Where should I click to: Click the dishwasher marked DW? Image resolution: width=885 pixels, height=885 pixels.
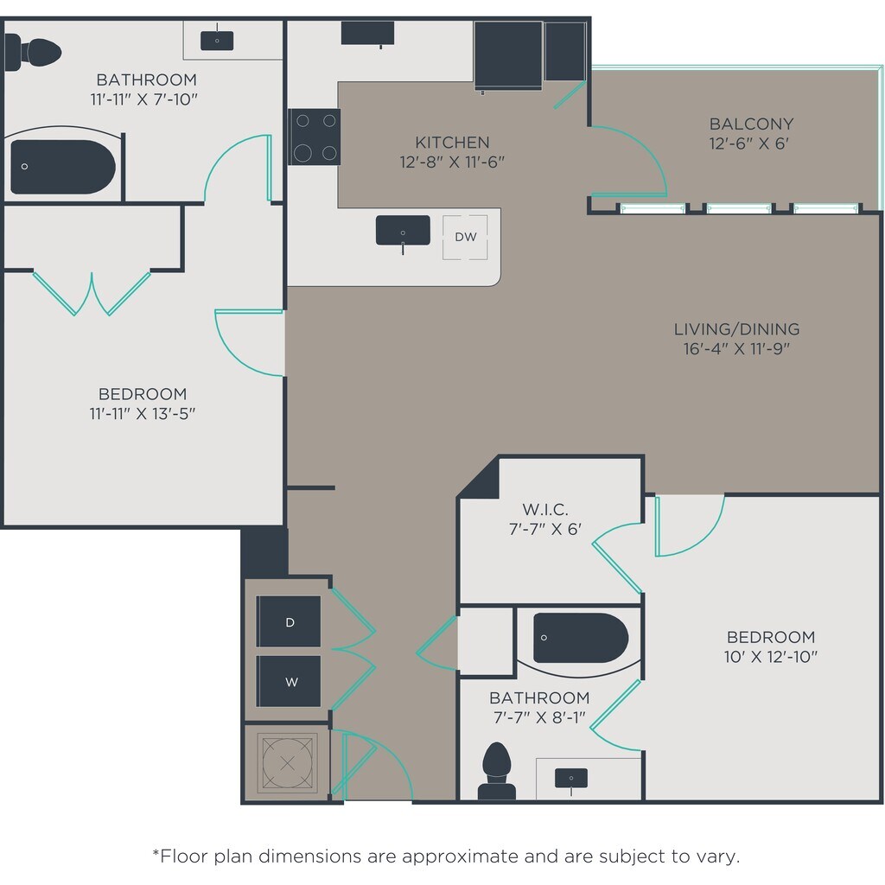pyautogui.click(x=465, y=237)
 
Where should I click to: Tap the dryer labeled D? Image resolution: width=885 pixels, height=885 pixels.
pyautogui.click(x=289, y=621)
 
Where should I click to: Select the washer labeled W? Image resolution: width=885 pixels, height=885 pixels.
pyautogui.click(x=289, y=681)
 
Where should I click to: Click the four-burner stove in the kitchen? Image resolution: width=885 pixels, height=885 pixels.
pyautogui.click(x=315, y=137)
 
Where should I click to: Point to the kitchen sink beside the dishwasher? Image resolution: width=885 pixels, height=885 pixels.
pyautogui.click(x=403, y=231)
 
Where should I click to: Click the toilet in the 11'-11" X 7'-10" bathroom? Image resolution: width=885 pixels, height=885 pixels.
pyautogui.click(x=33, y=53)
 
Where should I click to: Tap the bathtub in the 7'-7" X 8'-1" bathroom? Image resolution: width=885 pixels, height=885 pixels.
pyautogui.click(x=581, y=638)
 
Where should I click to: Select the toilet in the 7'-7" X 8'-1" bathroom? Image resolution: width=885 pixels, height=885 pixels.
pyautogui.click(x=497, y=771)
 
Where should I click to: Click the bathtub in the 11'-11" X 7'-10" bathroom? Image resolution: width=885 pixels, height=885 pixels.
pyautogui.click(x=63, y=167)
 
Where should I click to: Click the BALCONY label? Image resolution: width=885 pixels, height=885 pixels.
pyautogui.click(x=751, y=124)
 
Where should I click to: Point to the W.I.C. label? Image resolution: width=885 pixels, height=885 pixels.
pyautogui.click(x=545, y=510)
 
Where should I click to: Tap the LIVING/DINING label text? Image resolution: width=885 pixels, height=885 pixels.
pyautogui.click(x=736, y=329)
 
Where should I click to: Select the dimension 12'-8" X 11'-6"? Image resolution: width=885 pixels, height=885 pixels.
pyautogui.click(x=452, y=162)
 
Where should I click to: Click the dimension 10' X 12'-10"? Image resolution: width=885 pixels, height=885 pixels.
pyautogui.click(x=770, y=657)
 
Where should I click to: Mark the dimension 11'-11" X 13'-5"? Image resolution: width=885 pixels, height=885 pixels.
pyautogui.click(x=143, y=413)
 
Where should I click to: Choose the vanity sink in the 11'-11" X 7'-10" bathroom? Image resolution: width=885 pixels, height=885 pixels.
pyautogui.click(x=217, y=40)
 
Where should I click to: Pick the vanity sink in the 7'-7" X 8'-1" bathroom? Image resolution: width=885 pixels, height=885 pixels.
pyautogui.click(x=571, y=779)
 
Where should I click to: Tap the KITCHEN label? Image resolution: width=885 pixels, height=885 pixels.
pyautogui.click(x=452, y=143)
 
